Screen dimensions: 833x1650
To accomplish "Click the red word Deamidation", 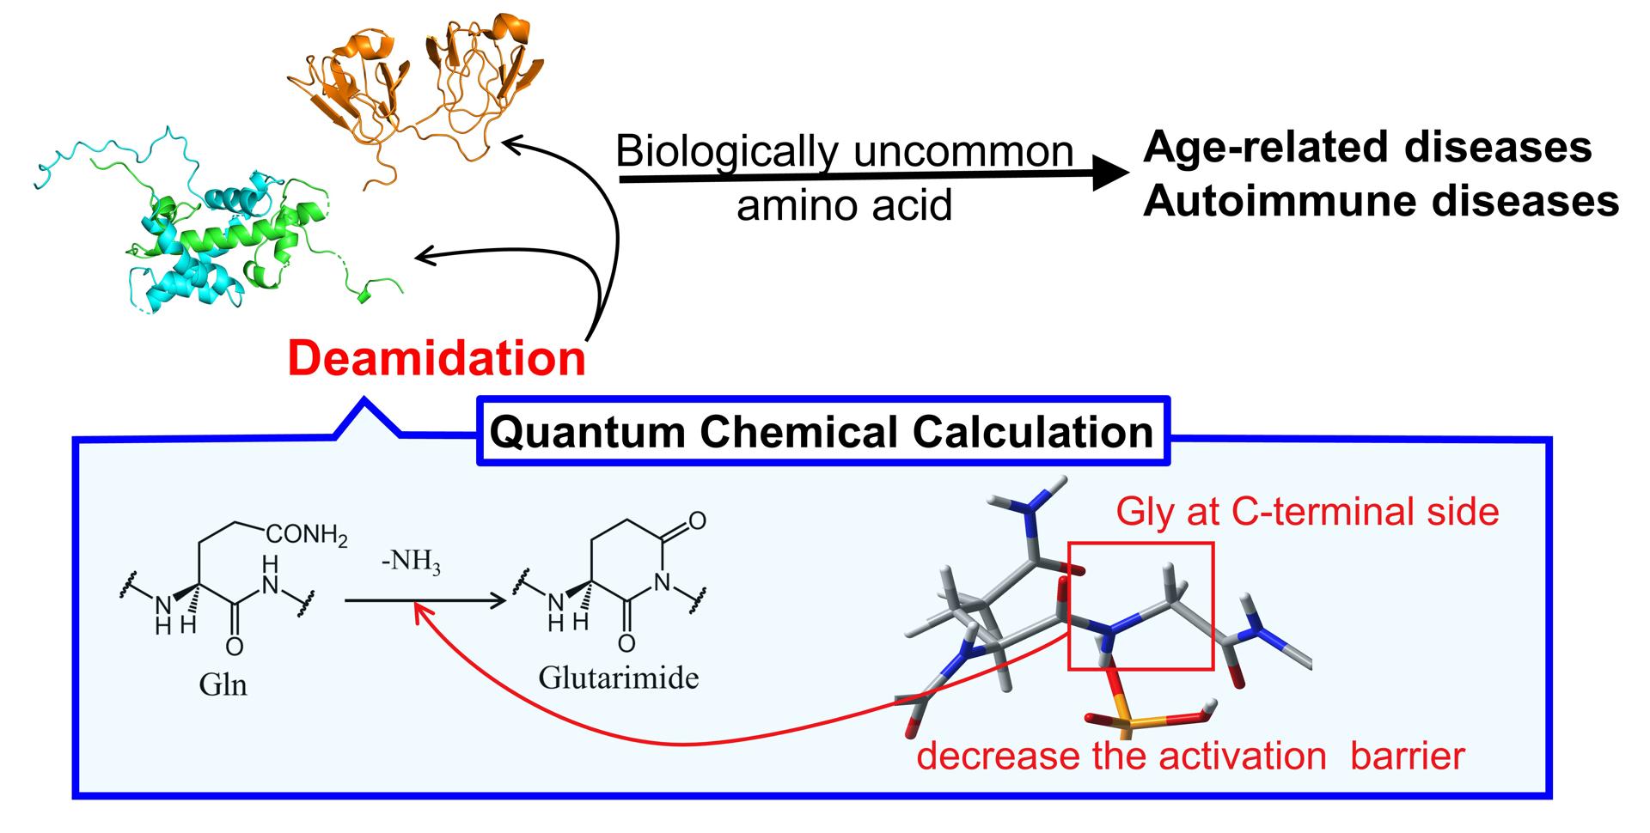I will pyautogui.click(x=437, y=358).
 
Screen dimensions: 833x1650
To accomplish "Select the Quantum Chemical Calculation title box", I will pyautogui.click(x=822, y=431).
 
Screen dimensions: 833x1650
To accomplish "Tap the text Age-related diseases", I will pyautogui.click(x=1367, y=147).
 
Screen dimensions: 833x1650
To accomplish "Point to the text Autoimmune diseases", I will pyautogui.click(x=1380, y=201).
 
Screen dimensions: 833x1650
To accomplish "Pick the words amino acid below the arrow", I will pyautogui.click(x=844, y=206).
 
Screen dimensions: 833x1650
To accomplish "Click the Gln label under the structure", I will pyautogui.click(x=223, y=684).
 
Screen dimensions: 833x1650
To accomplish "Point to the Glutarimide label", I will pyautogui.click(x=618, y=678).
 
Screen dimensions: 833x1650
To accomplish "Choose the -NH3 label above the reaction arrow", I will pyautogui.click(x=411, y=562).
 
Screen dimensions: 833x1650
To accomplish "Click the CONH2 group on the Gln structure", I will pyautogui.click(x=306, y=535).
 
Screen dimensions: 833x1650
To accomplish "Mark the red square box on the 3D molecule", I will pyautogui.click(x=1140, y=605).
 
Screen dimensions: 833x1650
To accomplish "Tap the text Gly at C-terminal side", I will pyautogui.click(x=1306, y=512).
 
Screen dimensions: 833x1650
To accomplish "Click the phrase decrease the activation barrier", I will pyautogui.click(x=1190, y=757).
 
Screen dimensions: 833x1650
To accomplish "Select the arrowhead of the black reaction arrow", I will pyautogui.click(x=498, y=600).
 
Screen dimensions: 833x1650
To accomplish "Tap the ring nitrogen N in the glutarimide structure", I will pyautogui.click(x=662, y=582).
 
